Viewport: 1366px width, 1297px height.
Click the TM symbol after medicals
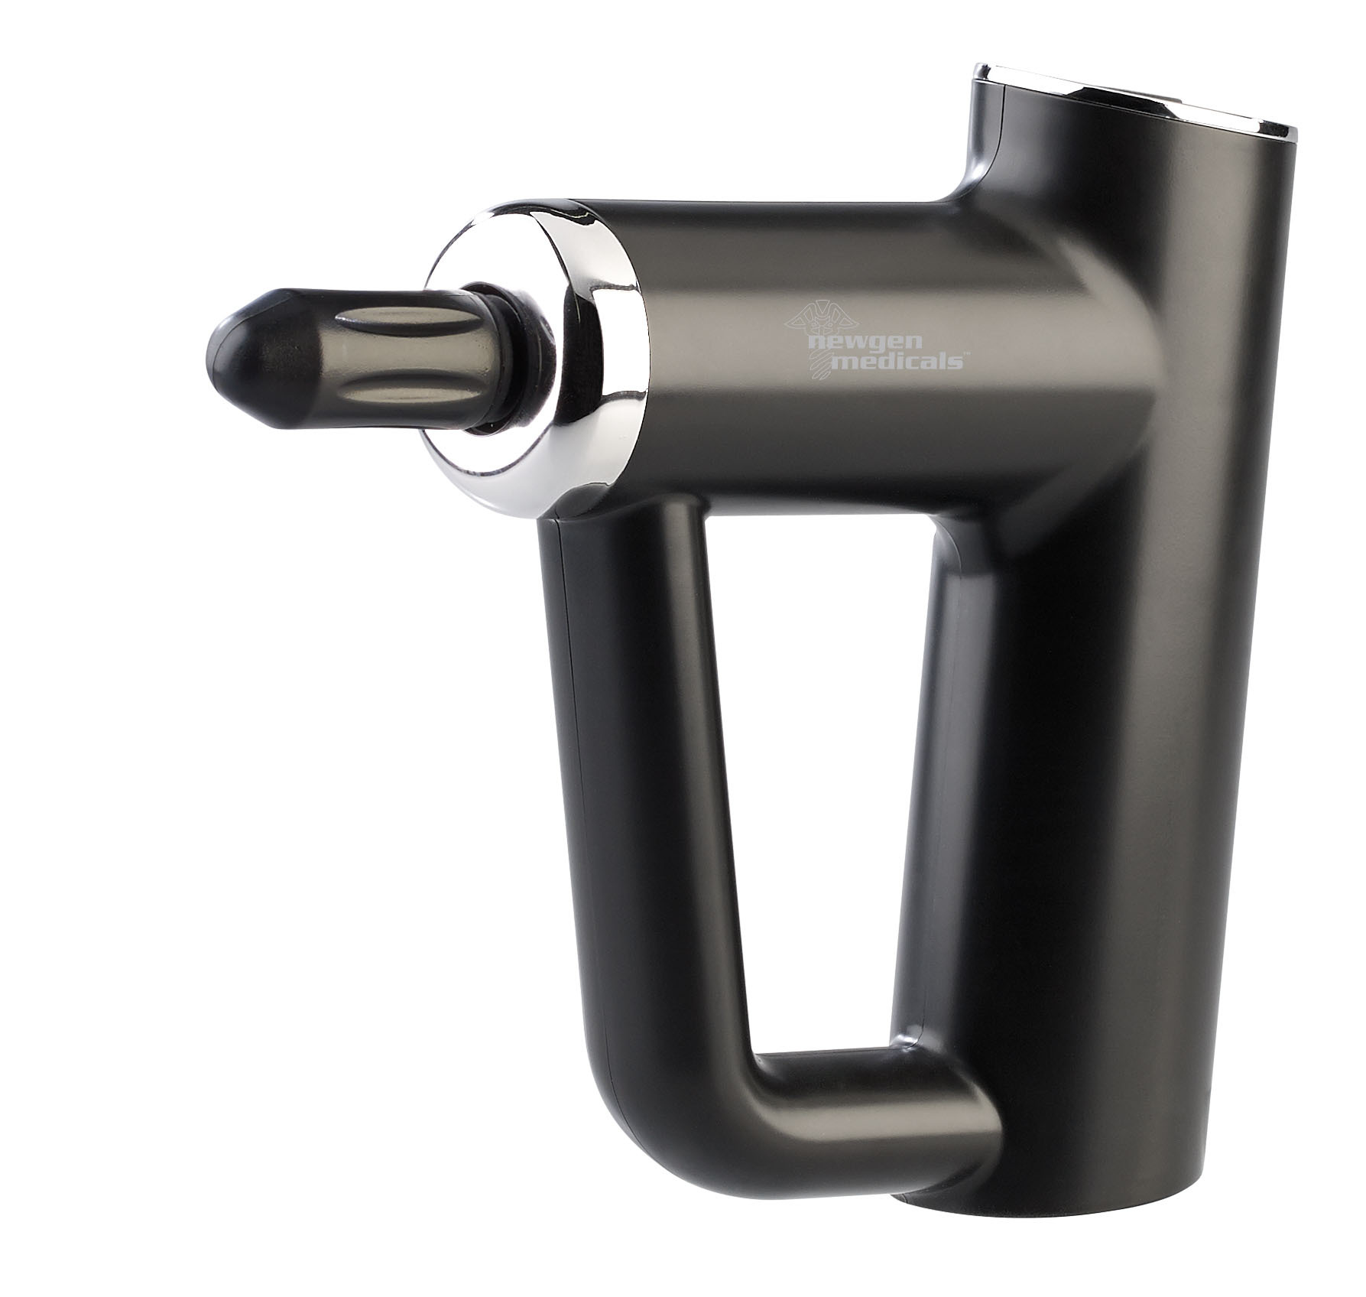(967, 354)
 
